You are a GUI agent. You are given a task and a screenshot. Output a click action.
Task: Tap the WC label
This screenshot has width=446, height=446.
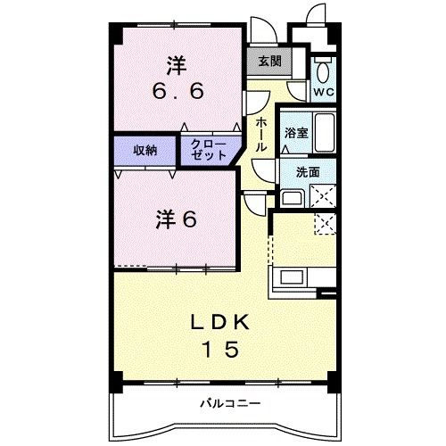pos(322,92)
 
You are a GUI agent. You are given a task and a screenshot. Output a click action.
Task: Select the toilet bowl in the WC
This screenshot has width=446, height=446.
pos(323,70)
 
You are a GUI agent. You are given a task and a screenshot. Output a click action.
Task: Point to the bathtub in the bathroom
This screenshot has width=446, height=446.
pos(325,134)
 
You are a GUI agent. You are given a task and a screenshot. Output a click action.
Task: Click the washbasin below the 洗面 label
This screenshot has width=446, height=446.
pos(292,197)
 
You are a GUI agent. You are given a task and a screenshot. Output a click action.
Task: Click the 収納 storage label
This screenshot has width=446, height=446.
pos(145,150)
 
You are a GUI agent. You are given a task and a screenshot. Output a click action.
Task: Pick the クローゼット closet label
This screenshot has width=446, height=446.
pos(210,149)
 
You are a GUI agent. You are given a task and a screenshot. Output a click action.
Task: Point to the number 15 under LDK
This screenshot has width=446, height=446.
pos(220,350)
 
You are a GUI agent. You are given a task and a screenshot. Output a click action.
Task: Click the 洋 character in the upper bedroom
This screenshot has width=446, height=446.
pos(174,64)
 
